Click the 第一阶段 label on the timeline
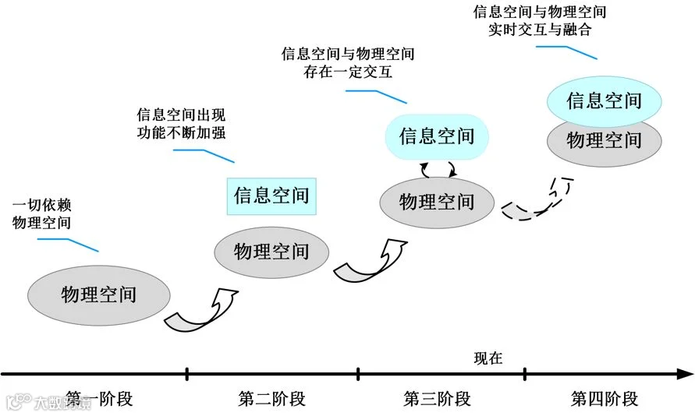click(x=99, y=400)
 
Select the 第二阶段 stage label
click(x=271, y=400)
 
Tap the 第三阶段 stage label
click(x=437, y=400)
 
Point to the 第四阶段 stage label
click(x=605, y=400)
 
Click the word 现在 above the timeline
click(x=488, y=358)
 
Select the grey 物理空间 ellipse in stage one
click(x=99, y=294)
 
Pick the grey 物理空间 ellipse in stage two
click(x=271, y=251)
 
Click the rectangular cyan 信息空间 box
click(x=271, y=195)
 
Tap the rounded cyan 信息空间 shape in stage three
click(x=437, y=136)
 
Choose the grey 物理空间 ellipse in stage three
click(x=437, y=202)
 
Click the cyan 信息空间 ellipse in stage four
click(x=605, y=100)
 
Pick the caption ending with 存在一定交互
click(x=347, y=64)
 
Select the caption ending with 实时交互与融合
click(x=539, y=22)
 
